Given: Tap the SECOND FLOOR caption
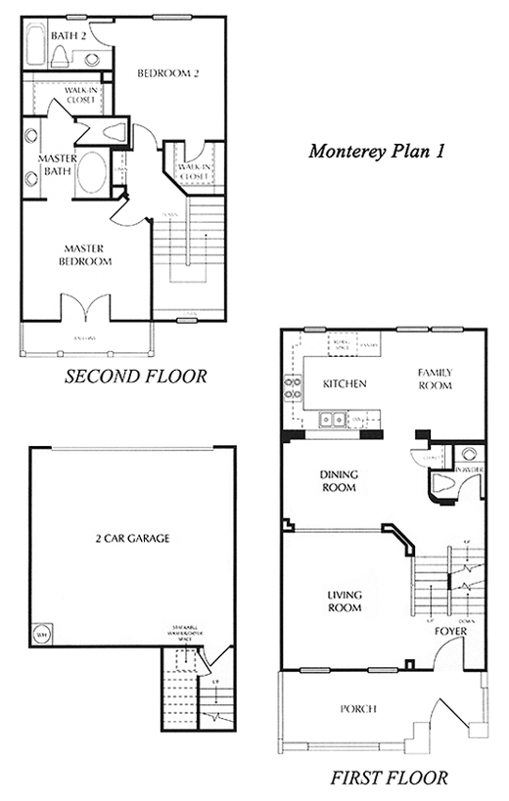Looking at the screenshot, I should click(135, 377).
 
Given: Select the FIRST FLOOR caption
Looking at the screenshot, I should click(388, 779).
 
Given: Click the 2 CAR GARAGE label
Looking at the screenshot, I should click(133, 539).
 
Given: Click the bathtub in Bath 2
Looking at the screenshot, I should click(35, 45).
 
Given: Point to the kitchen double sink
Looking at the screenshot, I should click(333, 421).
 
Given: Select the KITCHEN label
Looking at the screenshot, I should click(344, 384).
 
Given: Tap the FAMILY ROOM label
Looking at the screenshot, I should click(435, 379).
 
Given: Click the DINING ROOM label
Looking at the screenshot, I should click(339, 481).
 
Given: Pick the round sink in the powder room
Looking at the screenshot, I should click(469, 454).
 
